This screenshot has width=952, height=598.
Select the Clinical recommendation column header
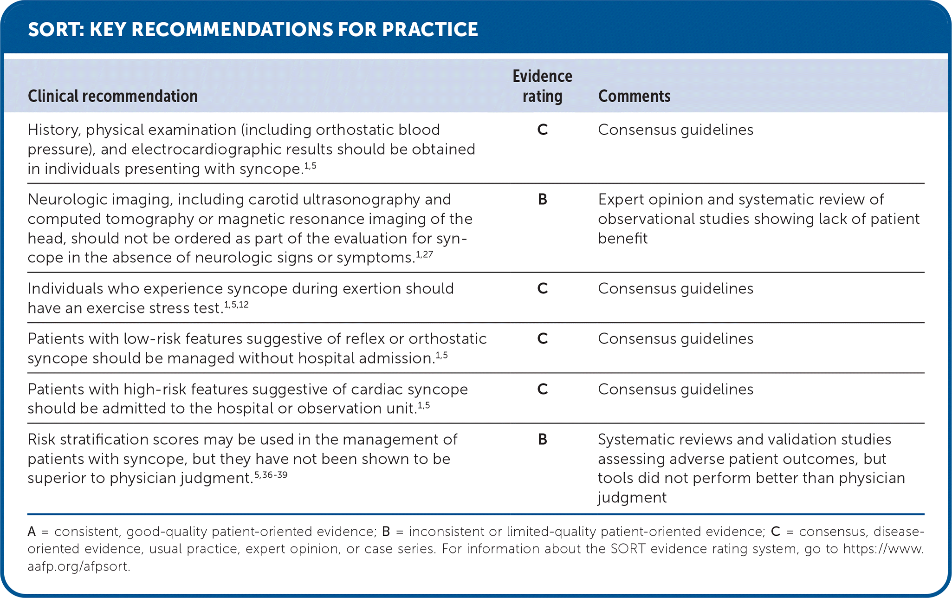(113, 96)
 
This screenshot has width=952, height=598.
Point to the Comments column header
(634, 96)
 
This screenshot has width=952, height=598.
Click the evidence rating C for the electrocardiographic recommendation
(542, 130)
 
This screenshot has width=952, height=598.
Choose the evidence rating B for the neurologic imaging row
(542, 200)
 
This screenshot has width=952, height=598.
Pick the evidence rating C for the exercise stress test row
(542, 289)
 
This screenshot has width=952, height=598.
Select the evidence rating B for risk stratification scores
(542, 440)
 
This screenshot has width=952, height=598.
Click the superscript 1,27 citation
(424, 254)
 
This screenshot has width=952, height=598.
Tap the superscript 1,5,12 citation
(236, 305)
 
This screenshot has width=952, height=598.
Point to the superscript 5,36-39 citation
(271, 475)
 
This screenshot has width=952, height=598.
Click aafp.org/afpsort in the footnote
(78, 567)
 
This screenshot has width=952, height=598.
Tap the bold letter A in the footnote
(32, 532)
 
